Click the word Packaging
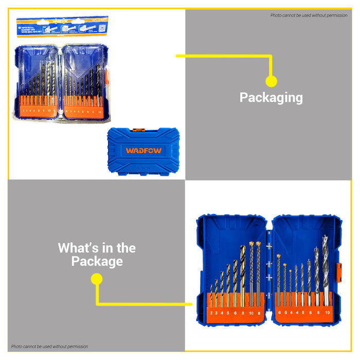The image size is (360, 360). coord(271,98)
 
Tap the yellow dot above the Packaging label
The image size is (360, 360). coord(271,81)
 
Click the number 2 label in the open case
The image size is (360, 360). coord(211,312)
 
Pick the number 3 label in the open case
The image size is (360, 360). coord(217,312)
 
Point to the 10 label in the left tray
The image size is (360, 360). coord(251,312)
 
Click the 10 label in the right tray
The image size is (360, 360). coord(327,312)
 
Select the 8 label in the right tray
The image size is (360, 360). coord(318,312)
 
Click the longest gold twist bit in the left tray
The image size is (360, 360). coord(242,273)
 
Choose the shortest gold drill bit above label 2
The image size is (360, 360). coord(211,297)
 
